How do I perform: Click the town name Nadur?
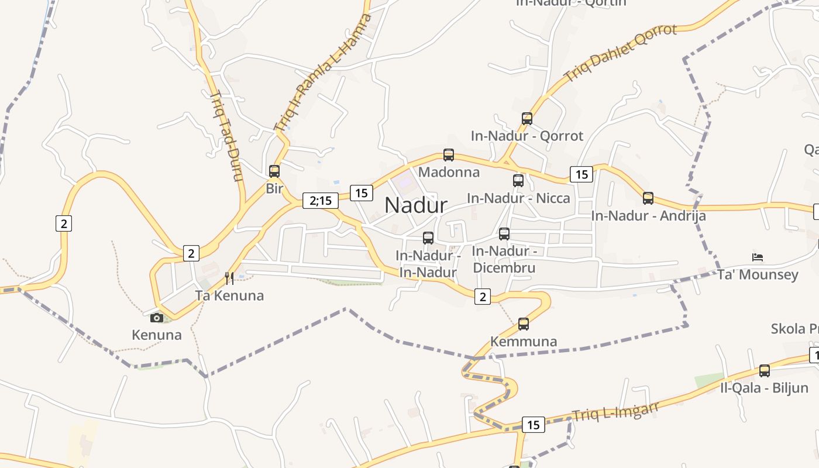(x=416, y=205)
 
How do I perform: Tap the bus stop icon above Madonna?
(x=449, y=155)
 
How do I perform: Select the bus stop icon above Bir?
(x=274, y=171)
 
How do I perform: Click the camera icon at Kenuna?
(x=157, y=318)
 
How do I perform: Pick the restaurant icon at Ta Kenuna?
(x=229, y=278)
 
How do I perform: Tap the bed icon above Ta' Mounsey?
(x=758, y=257)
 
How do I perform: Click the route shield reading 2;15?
(x=321, y=201)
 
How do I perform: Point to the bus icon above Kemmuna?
(x=524, y=324)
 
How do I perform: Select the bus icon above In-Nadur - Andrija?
(x=648, y=198)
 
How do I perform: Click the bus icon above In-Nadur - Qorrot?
(x=527, y=119)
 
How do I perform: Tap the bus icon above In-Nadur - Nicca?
(x=518, y=181)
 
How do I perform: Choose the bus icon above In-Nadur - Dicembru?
(x=504, y=234)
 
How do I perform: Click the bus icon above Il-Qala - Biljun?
(x=765, y=370)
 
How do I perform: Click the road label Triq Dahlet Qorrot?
(x=621, y=53)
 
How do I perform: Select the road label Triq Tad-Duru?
(x=226, y=136)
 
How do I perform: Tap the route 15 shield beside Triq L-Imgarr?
(x=533, y=425)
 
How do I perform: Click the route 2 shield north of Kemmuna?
(x=483, y=297)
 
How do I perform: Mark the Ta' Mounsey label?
(x=758, y=275)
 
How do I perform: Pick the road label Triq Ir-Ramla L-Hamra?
(x=323, y=72)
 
